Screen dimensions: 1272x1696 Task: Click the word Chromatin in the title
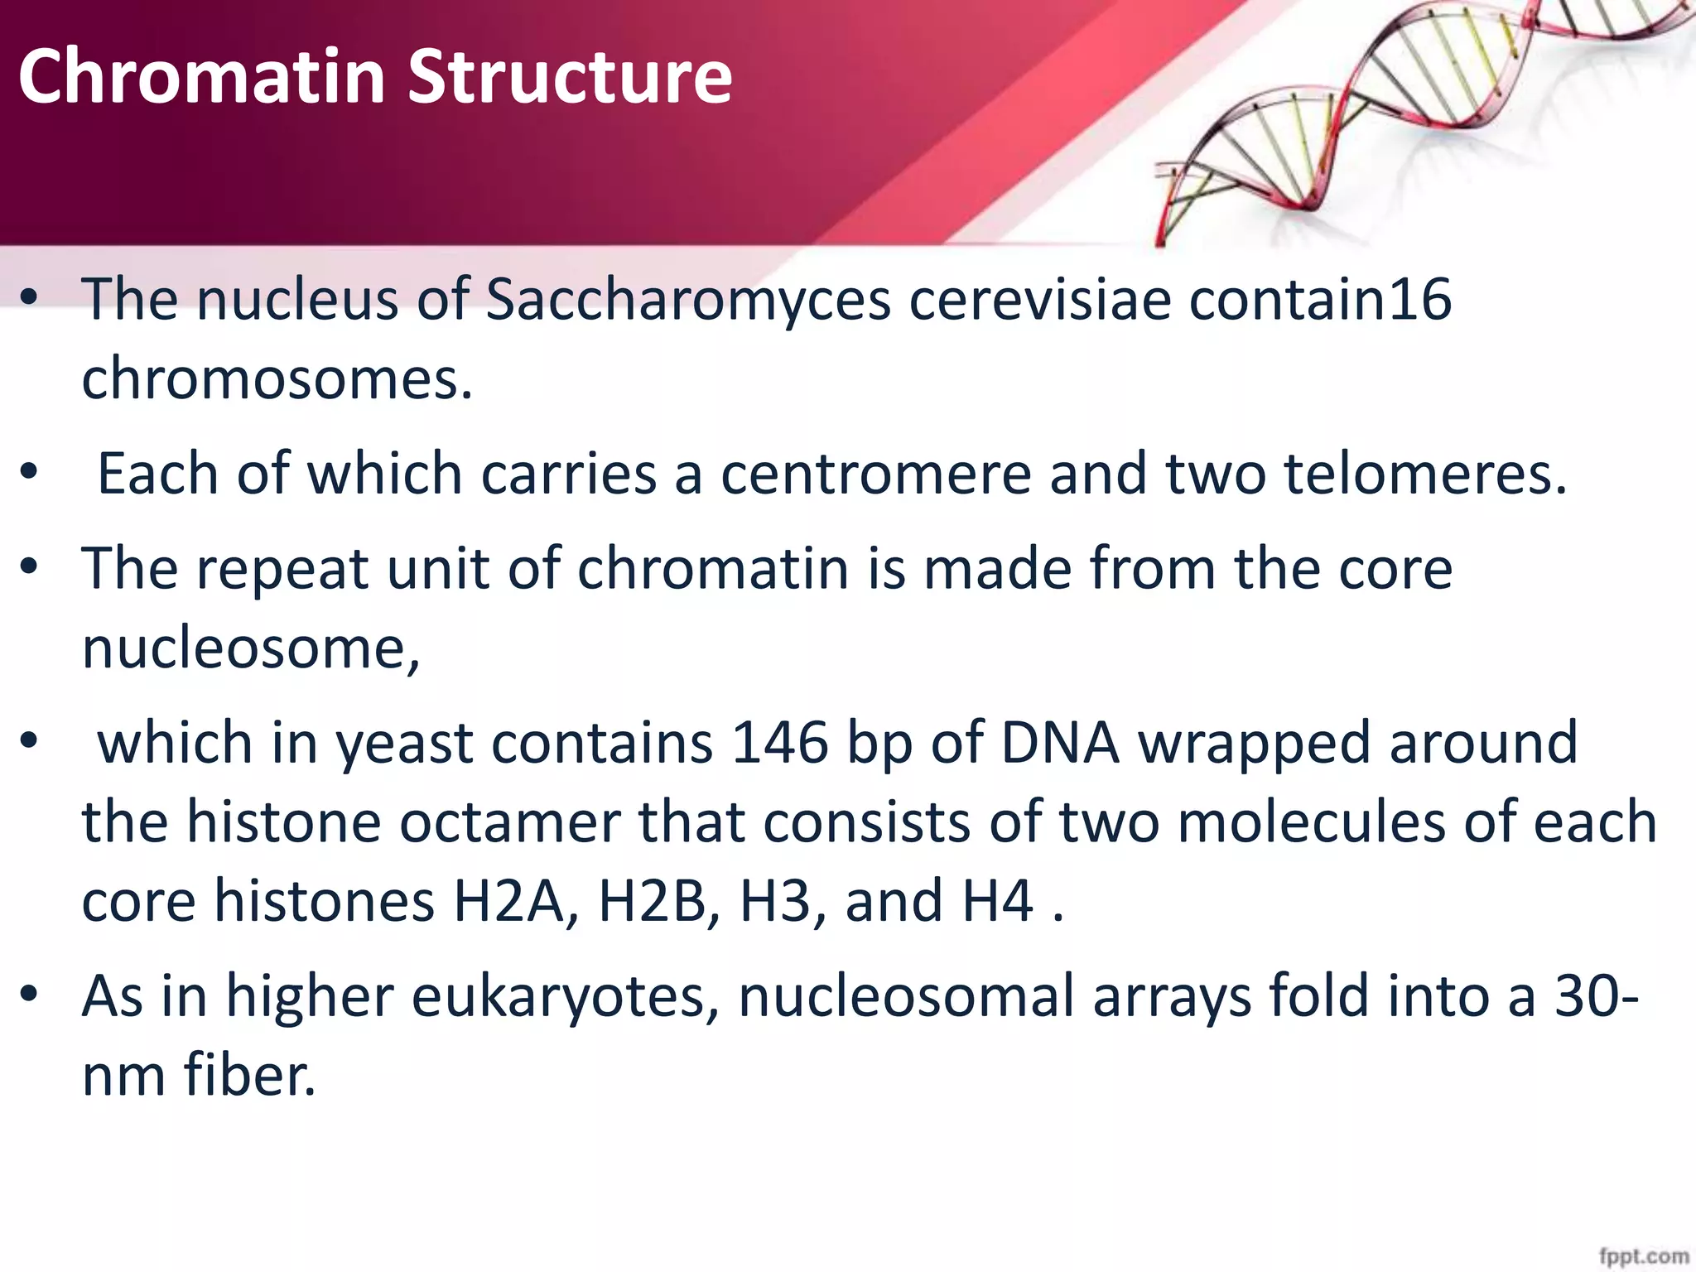(x=202, y=76)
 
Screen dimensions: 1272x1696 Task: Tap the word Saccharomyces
(x=687, y=299)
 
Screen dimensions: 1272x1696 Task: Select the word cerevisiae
(x=1040, y=299)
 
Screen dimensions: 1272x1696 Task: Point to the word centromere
(x=875, y=474)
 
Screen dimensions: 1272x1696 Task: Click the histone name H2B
(x=658, y=901)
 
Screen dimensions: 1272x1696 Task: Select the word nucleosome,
(x=251, y=648)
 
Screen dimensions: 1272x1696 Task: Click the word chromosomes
(x=277, y=379)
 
